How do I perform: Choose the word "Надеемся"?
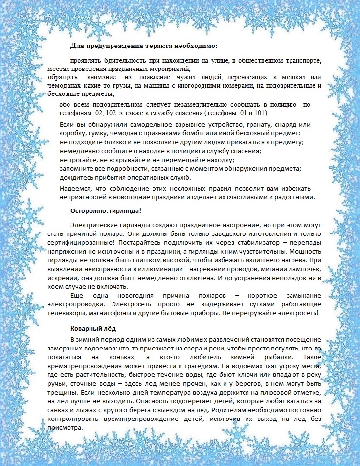click(x=75, y=189)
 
